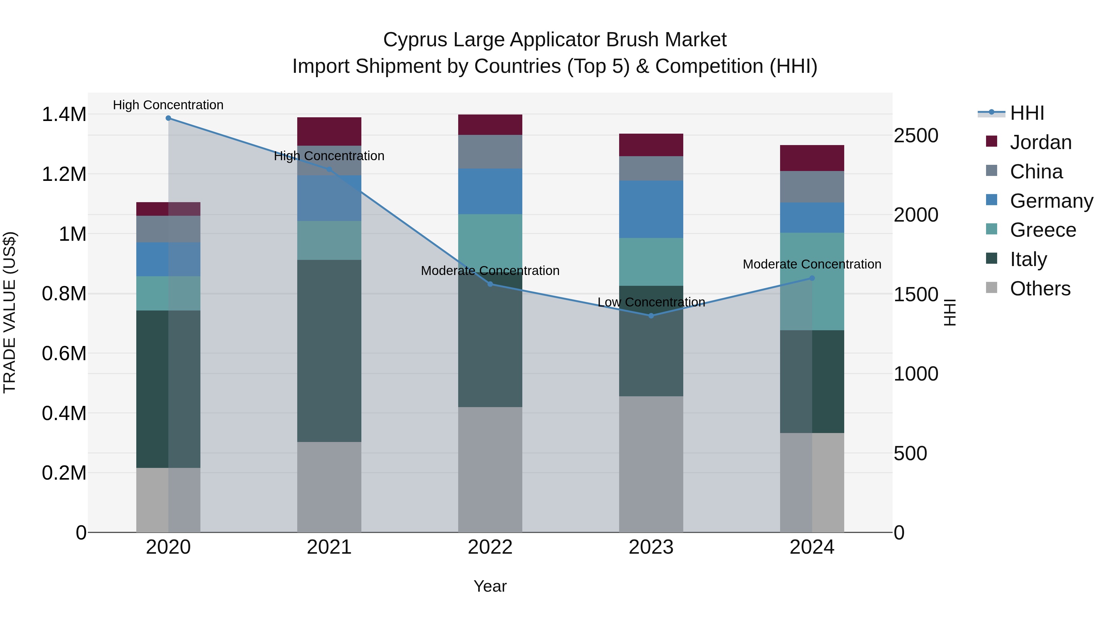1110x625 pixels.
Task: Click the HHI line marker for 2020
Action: tap(168, 118)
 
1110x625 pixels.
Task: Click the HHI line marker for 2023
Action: tap(651, 316)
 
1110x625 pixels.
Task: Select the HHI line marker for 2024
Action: tap(812, 278)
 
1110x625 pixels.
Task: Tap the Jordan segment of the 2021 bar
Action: tap(329, 131)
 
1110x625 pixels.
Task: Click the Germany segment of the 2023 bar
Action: tap(651, 209)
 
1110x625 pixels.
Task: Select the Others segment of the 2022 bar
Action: tap(490, 469)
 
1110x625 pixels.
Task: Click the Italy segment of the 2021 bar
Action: tap(329, 350)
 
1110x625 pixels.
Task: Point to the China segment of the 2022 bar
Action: tap(490, 152)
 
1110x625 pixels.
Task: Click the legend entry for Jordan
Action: tap(1041, 142)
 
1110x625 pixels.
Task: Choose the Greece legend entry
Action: tap(1043, 230)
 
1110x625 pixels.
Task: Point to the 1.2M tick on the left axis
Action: tap(64, 175)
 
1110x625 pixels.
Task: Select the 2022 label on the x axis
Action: tap(490, 547)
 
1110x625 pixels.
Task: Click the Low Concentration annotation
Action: tap(651, 302)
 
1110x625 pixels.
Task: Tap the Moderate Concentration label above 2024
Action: tap(812, 264)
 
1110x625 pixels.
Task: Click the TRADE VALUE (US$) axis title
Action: tap(10, 312)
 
